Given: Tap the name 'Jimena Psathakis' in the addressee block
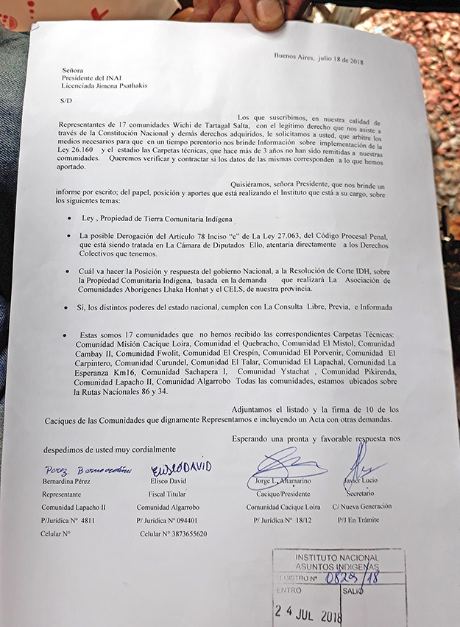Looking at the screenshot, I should point(121,85).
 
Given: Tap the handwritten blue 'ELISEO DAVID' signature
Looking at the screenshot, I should point(181,468).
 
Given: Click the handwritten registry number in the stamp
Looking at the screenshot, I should point(353,577).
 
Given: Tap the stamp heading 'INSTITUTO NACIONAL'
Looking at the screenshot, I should point(336,558).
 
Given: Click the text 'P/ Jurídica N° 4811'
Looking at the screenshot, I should point(68,521).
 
